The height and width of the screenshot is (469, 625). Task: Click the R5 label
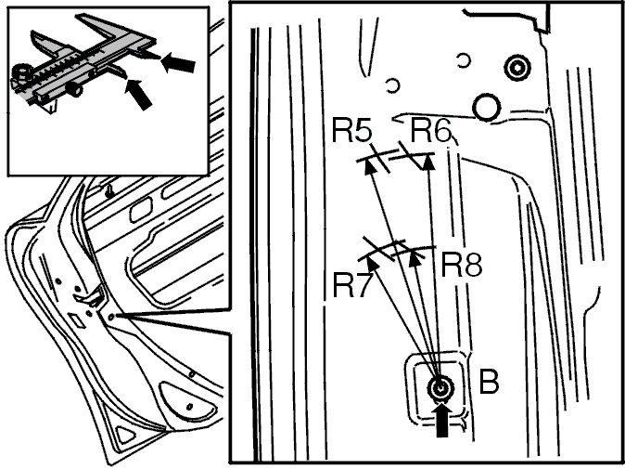[352, 131]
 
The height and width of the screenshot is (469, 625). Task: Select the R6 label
[430, 131]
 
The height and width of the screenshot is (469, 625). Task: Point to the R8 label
[462, 265]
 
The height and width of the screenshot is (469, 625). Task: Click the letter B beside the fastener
[489, 382]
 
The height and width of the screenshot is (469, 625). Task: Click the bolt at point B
[440, 387]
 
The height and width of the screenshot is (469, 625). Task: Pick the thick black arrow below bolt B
[442, 420]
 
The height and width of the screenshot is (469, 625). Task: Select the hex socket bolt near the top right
[517, 68]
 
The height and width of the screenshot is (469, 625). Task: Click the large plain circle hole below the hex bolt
[486, 107]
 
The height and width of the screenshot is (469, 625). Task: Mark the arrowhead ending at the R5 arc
[370, 165]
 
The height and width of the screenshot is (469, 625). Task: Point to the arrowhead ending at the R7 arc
[372, 264]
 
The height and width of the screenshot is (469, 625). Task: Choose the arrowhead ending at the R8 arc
[415, 259]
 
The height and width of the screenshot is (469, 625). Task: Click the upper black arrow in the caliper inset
[178, 62]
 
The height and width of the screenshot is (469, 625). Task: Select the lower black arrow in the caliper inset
[138, 94]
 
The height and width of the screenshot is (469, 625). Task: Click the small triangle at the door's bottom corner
[125, 435]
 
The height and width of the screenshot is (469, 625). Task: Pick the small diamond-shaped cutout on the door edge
[77, 320]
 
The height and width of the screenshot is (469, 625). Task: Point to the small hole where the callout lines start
[111, 317]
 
